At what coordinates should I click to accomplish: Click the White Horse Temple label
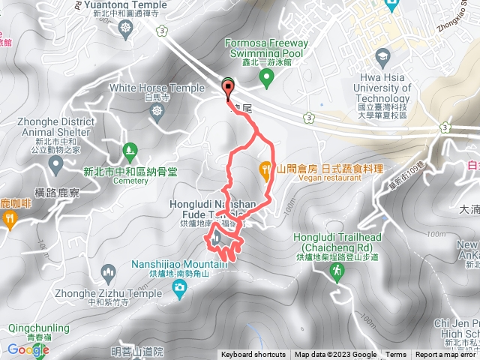point(157,88)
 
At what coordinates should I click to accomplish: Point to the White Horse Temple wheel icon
point(157,111)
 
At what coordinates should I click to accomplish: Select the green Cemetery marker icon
point(130,149)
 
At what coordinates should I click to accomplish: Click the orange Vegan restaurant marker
point(265,170)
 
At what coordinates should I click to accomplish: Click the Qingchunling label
point(39,328)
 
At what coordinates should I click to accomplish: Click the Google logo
point(28,349)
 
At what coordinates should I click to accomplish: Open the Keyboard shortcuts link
point(254,355)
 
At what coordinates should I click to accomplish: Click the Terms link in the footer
point(396,355)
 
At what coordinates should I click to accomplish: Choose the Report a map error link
point(446,355)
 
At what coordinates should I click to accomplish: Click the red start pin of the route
point(228,88)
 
